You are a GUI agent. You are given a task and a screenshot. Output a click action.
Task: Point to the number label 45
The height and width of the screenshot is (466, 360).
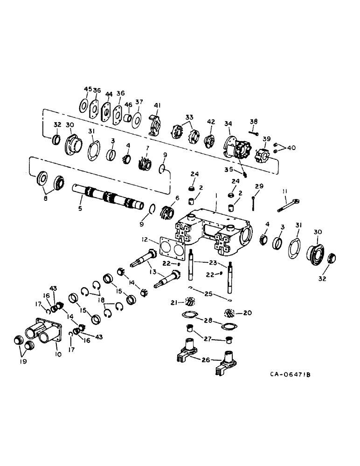[x=86, y=89]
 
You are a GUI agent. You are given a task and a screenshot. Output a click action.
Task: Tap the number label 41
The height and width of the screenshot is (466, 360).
[x=156, y=105]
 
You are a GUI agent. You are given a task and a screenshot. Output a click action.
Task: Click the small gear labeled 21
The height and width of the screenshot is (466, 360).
[x=189, y=302]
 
